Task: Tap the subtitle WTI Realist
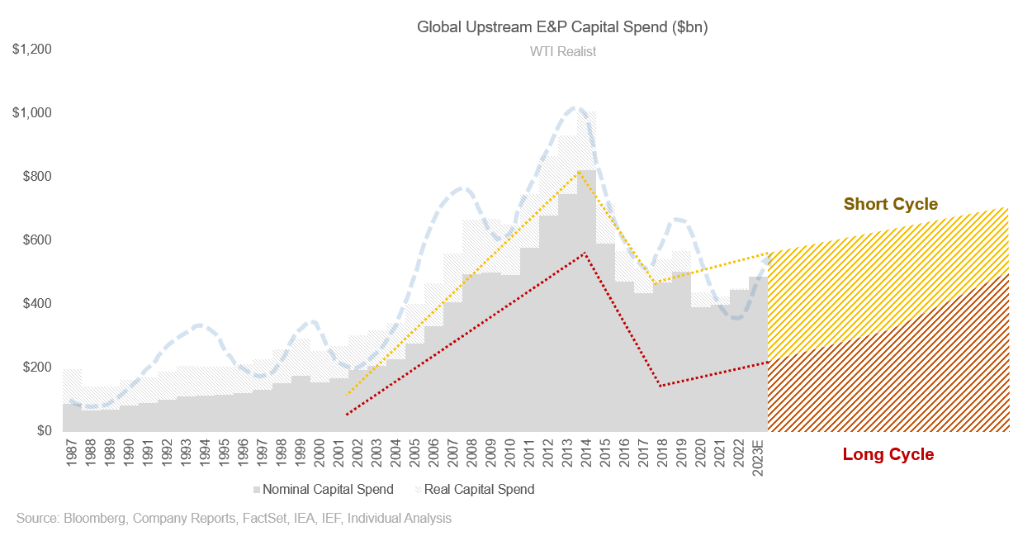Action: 562,51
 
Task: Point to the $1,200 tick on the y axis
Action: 32,50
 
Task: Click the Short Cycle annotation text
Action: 890,204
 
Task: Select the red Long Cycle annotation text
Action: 888,454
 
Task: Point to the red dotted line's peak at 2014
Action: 584,253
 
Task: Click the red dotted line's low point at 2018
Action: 660,386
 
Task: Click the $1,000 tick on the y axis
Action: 32,113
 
